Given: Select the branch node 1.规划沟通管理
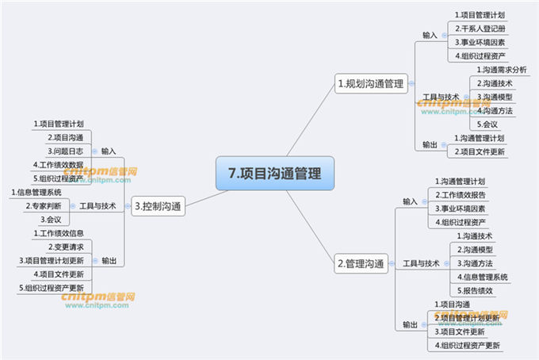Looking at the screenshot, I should [371, 82].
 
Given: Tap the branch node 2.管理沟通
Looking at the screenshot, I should [361, 263].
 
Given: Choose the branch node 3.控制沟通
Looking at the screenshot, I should [159, 208].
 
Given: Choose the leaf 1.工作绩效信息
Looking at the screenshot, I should [60, 233].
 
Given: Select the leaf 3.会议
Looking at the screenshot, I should [52, 220].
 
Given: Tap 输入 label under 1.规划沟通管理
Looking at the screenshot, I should [430, 36].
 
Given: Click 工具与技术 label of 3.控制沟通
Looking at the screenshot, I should [98, 206].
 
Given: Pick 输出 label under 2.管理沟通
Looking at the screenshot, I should [411, 325].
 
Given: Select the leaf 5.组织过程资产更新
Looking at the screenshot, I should [53, 287].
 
